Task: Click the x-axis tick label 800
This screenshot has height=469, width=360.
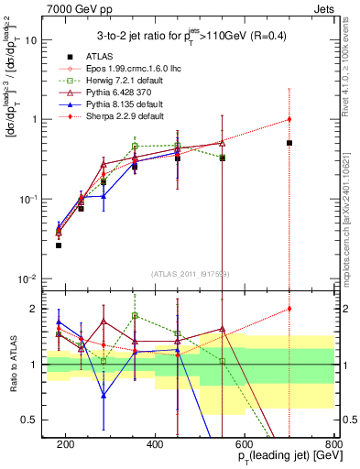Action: coord(334,444)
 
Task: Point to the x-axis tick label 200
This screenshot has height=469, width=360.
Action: coord(65,444)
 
